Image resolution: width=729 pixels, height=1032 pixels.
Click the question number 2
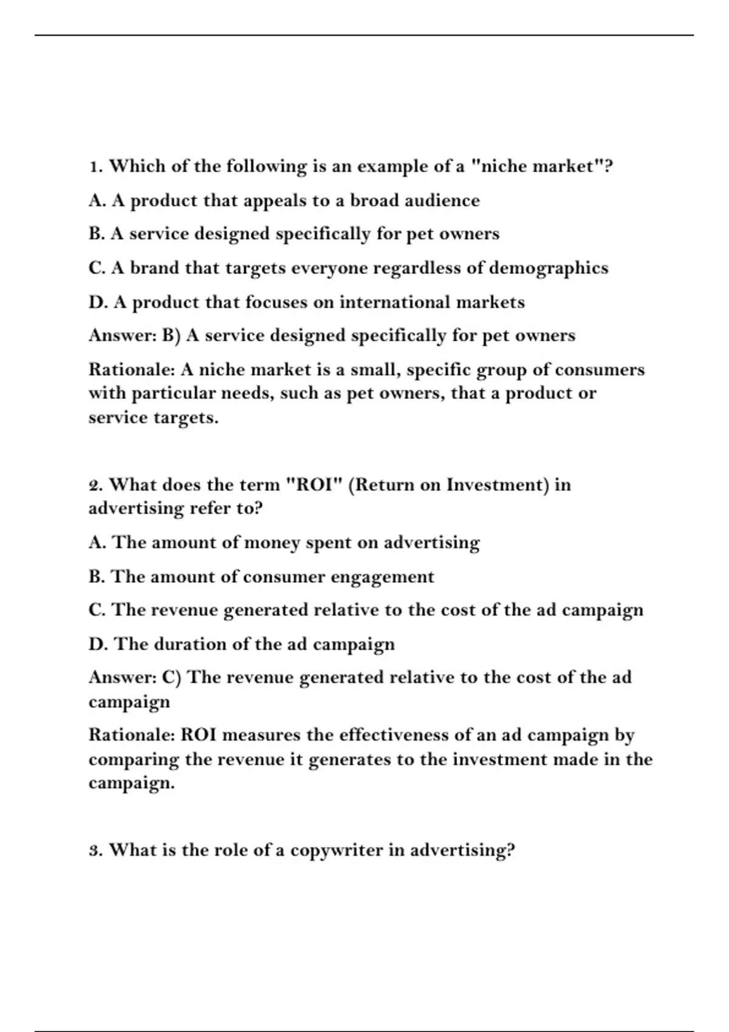pos(96,485)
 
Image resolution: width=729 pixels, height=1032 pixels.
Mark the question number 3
pos(96,850)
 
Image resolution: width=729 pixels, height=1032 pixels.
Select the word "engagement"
pos(383,577)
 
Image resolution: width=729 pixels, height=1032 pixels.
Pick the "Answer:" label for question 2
pos(122,677)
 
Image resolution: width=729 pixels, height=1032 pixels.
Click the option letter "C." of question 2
pos(98,609)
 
